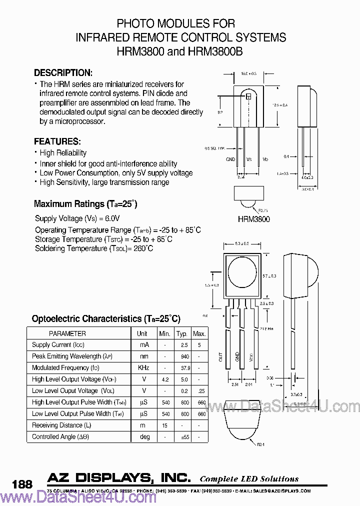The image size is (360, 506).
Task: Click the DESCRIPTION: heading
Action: pos(62,72)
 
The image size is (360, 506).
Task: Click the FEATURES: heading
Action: pos(56,141)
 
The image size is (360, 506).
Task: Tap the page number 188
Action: pos(22,484)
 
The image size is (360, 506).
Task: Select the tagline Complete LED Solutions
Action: pos(249,478)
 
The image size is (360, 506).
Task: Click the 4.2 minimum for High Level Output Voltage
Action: pos(164,379)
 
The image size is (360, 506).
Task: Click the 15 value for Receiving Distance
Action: pos(164,425)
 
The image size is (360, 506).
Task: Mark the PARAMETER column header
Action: pos(67,333)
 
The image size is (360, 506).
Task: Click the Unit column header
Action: pos(142,333)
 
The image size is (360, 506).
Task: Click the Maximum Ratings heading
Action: pos(85,204)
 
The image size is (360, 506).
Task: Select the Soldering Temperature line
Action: pos(94,248)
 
